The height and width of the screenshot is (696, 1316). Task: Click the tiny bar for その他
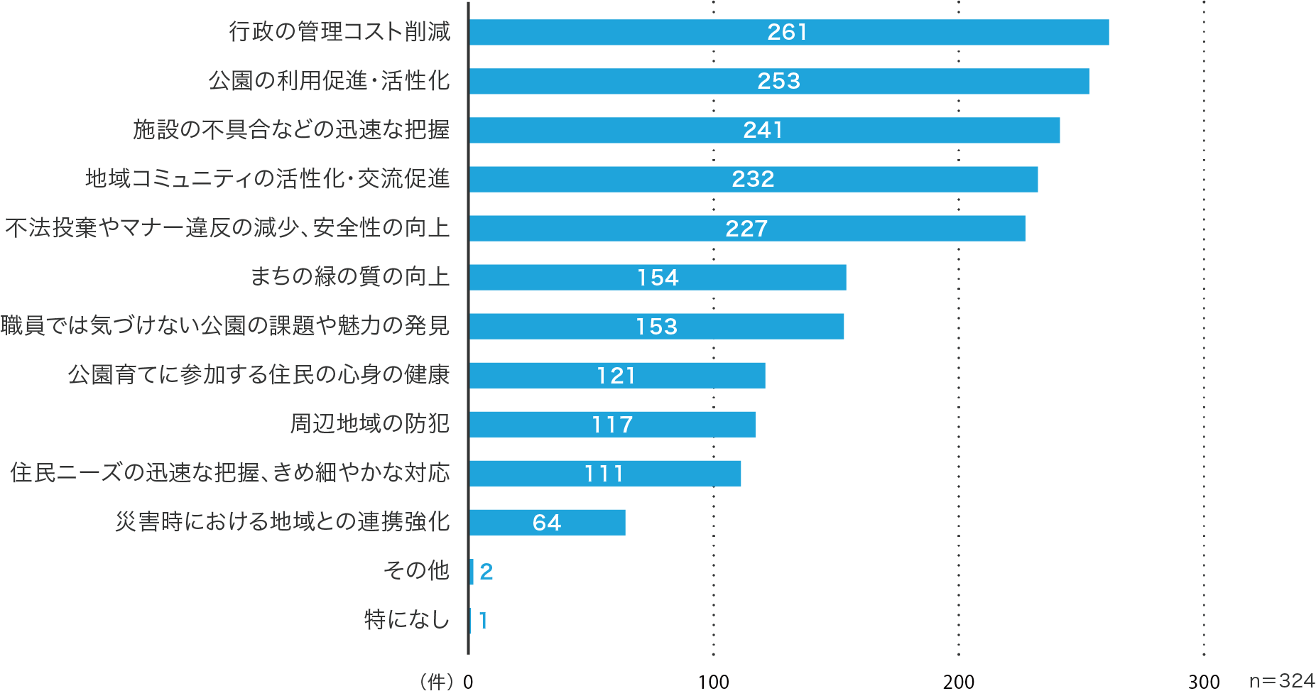click(472, 572)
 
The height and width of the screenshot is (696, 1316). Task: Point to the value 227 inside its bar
click(746, 229)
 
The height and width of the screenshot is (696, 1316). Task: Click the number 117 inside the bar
click(612, 425)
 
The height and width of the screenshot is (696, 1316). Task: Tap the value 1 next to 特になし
click(483, 621)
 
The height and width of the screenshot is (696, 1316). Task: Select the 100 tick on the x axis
click(713, 682)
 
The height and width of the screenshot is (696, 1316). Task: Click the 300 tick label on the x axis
click(1204, 682)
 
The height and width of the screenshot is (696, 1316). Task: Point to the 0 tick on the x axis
click(468, 682)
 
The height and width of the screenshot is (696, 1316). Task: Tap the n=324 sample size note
click(1282, 680)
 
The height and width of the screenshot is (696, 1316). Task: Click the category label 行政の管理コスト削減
click(339, 32)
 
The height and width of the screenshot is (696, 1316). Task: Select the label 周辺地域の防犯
click(370, 424)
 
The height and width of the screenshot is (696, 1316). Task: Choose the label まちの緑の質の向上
click(350, 276)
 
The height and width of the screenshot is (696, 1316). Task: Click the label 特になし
click(407, 620)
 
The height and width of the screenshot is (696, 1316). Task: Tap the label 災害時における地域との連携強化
click(283, 522)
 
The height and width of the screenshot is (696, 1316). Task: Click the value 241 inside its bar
click(763, 130)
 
